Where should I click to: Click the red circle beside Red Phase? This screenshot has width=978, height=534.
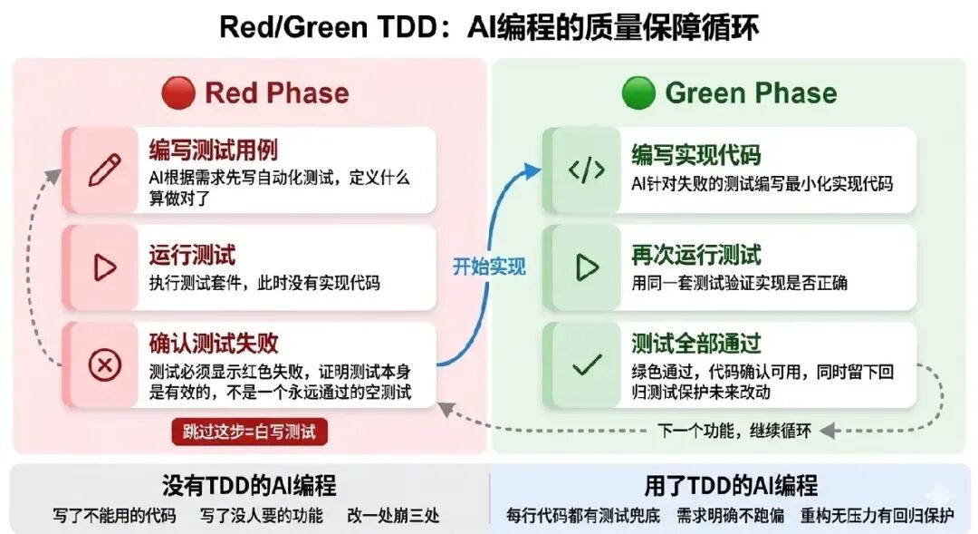coord(178,93)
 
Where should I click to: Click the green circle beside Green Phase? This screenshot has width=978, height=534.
coord(638,93)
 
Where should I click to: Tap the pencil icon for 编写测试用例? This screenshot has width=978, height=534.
coord(104,170)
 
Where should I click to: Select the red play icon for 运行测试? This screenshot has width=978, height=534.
coord(104,267)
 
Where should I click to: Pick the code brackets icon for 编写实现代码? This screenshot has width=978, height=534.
coord(586,170)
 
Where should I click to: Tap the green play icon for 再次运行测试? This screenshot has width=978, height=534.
coord(586,267)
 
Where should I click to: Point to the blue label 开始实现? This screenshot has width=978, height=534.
coord(489,267)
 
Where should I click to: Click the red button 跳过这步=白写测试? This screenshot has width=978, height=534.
coord(249,432)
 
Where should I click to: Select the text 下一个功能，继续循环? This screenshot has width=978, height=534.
coord(734,431)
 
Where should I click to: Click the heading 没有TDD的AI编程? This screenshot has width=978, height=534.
coord(249,485)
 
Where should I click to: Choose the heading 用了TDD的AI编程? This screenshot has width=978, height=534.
coord(731,485)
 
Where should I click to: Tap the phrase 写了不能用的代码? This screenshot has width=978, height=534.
coord(114,515)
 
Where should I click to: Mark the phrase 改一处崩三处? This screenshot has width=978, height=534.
coord(393,515)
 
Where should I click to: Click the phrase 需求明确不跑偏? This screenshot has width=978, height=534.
coord(732,515)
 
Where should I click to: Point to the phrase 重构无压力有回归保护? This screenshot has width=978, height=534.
coord(877,515)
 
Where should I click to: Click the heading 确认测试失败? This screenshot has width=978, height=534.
coord(214,344)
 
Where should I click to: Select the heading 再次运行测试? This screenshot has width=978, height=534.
coord(695,255)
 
